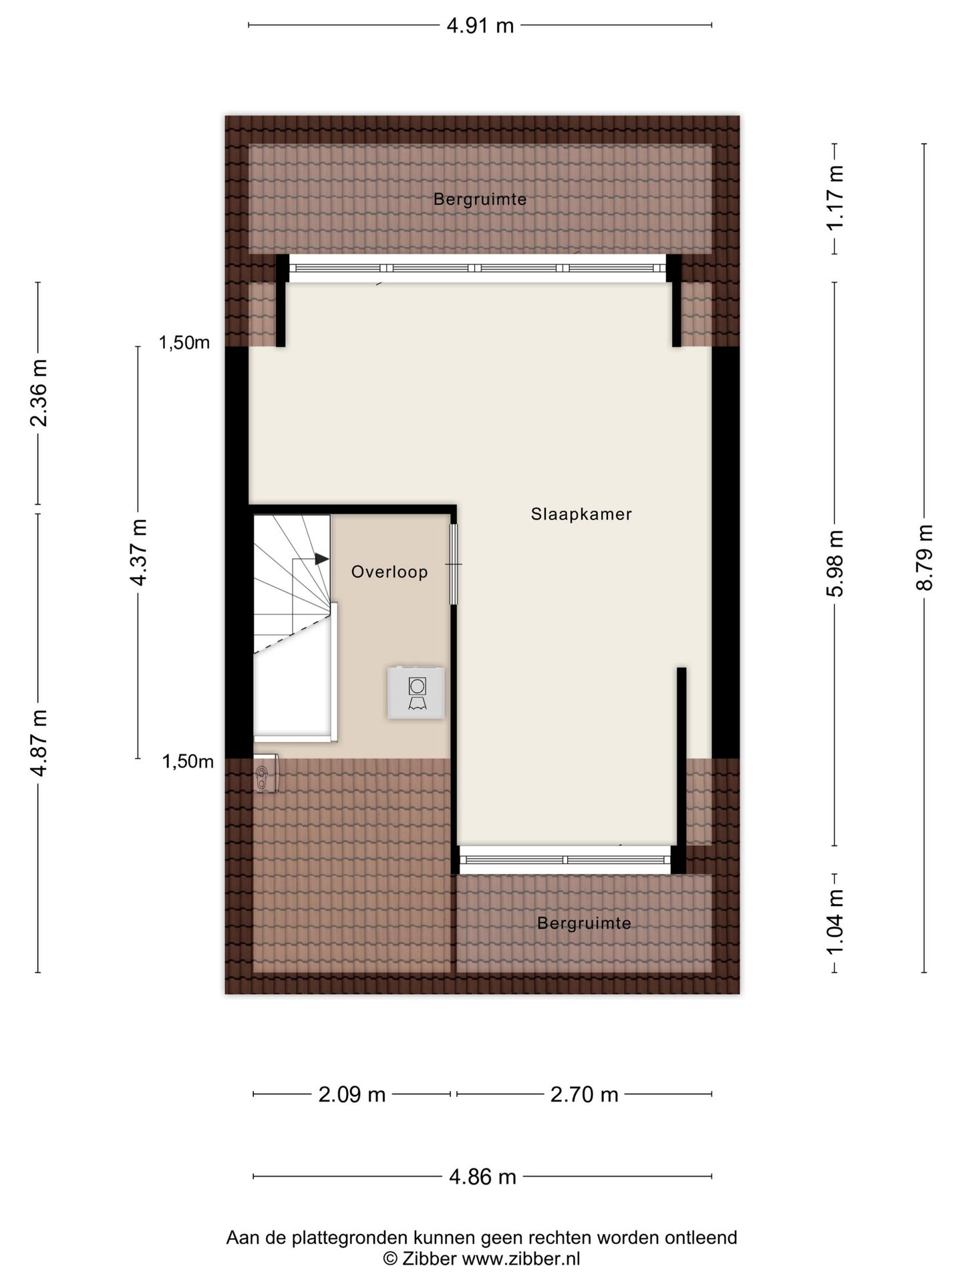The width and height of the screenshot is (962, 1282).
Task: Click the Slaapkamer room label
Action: point(581,514)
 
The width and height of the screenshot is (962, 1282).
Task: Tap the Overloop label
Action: point(389,572)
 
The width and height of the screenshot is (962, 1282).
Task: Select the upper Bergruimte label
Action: point(480,199)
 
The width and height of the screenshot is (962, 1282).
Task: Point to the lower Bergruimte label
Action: point(584,923)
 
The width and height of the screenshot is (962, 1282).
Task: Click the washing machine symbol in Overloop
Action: point(416,693)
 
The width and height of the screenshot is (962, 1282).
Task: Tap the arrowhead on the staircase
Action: point(322,559)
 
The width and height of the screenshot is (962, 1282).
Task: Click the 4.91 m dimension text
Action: point(480,26)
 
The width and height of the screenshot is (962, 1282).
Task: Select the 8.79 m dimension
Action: point(925,558)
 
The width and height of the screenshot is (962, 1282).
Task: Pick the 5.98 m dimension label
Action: point(835,564)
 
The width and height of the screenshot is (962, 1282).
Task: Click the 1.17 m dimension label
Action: point(835,198)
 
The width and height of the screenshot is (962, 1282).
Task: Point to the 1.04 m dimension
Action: point(835,923)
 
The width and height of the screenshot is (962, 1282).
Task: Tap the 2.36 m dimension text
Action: point(38,393)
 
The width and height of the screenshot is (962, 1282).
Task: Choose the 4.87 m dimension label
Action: point(38,742)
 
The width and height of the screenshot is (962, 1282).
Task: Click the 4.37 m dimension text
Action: point(138,552)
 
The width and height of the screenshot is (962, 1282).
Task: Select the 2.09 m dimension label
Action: point(352,1095)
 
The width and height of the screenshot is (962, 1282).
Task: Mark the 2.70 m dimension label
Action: point(585,1095)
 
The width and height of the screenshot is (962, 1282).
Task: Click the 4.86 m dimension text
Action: point(483,1177)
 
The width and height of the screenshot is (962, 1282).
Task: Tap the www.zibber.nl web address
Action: point(521,1259)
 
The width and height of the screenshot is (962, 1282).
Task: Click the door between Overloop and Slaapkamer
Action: point(454,564)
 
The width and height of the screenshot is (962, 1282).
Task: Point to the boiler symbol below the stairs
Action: point(267,775)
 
